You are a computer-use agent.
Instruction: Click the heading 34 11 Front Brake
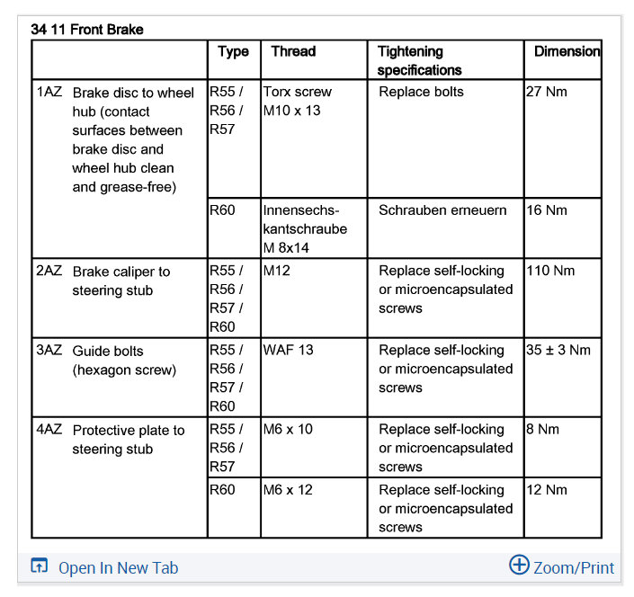point(86,30)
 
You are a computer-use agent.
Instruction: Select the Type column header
point(233,51)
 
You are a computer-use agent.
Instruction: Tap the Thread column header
point(293,51)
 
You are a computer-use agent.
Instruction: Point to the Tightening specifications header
point(420,60)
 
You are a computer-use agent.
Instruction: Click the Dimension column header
point(567,51)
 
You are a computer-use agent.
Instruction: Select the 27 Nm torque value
point(547,92)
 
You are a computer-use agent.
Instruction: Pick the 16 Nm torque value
point(547,210)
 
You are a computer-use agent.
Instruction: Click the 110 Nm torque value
point(550,271)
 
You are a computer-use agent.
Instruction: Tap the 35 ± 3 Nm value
point(558,350)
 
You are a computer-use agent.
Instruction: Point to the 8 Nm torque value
point(543,429)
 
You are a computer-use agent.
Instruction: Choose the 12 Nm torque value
point(547,490)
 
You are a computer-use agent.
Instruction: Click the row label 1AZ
point(49,92)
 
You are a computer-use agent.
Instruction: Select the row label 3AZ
point(49,350)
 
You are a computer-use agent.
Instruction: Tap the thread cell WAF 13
point(289,350)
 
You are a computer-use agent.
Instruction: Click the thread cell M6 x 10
point(288,429)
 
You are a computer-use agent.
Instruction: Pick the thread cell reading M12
point(277,271)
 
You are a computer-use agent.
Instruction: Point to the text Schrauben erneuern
point(442,210)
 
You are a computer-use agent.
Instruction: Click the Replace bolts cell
point(421,92)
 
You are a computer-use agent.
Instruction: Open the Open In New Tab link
point(118,567)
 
